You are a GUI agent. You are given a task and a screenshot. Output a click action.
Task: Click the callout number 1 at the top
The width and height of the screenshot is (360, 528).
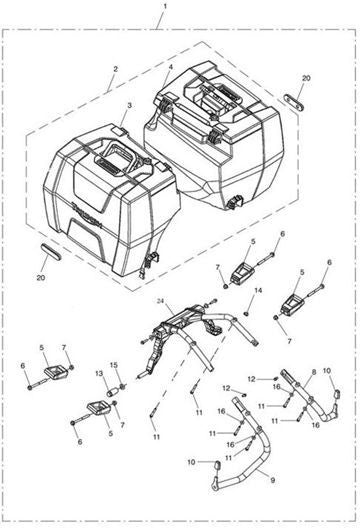[165, 6]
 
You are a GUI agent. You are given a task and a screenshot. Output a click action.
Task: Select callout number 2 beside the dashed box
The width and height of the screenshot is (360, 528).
[116, 69]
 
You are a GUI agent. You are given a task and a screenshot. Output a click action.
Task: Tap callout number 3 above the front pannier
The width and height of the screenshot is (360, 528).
[129, 105]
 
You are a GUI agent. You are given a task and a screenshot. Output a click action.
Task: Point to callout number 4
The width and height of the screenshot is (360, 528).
[171, 67]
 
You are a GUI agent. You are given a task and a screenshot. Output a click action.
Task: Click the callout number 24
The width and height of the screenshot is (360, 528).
[160, 301]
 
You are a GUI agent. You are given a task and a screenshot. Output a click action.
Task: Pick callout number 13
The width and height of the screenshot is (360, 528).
[99, 373]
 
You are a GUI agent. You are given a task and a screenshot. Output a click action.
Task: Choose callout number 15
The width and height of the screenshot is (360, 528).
[114, 365]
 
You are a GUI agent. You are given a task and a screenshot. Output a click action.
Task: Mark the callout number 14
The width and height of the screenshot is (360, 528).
[258, 290]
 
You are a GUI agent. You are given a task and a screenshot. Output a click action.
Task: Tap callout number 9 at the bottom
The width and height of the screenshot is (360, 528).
[272, 480]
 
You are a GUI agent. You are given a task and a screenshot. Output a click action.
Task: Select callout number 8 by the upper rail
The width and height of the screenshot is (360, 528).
[314, 372]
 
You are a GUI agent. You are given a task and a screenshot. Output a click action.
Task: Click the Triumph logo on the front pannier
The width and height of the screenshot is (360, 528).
[87, 214]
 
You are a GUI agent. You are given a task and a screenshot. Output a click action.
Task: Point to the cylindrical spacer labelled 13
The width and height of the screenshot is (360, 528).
[112, 392]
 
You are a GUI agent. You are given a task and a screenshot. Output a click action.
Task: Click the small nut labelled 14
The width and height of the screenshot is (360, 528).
[246, 314]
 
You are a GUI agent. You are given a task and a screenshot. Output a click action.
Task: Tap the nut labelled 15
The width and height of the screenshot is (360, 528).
[123, 386]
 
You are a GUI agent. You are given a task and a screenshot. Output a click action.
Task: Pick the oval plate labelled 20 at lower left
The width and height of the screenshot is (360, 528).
[51, 252]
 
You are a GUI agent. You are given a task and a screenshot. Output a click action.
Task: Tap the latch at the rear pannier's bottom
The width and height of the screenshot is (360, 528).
[234, 201]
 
